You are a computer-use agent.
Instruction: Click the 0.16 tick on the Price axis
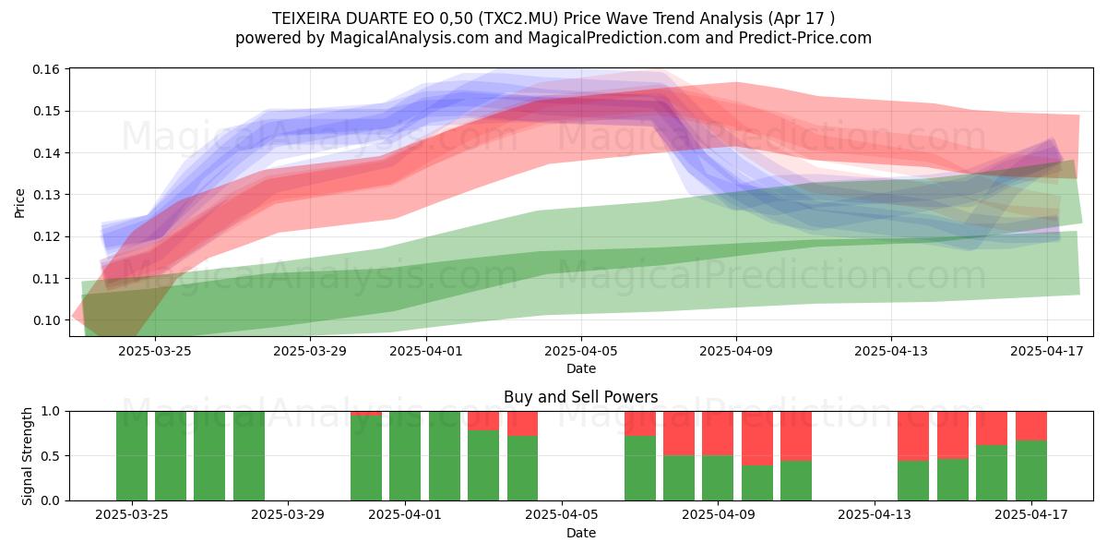pos(46,69)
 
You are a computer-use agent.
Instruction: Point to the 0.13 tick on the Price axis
pos(46,195)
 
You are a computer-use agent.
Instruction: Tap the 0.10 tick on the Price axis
pos(46,320)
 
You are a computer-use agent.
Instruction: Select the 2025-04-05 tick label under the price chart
pos(581,351)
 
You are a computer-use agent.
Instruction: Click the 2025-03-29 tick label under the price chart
pos(310,351)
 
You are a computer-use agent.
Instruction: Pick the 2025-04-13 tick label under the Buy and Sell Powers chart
pos(875,515)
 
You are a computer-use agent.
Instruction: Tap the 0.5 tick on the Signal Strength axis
pos(51,456)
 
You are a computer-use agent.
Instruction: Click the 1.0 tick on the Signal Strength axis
pos(51,412)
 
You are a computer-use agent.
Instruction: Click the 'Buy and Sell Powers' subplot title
pos(580,397)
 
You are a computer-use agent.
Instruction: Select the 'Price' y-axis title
pos(19,203)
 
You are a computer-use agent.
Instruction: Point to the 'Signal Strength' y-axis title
pos(27,456)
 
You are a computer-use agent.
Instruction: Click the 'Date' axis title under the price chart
pos(581,368)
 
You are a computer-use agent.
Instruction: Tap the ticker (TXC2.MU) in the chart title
pos(518,18)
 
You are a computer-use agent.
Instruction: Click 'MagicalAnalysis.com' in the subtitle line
pos(410,38)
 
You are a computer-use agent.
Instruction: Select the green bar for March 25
pos(132,456)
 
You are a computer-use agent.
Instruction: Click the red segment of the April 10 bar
pos(757,439)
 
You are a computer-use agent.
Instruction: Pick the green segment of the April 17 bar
pos(1031,470)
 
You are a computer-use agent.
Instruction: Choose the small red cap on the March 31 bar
pos(366,414)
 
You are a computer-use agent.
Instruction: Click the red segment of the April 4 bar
pos(522,424)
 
